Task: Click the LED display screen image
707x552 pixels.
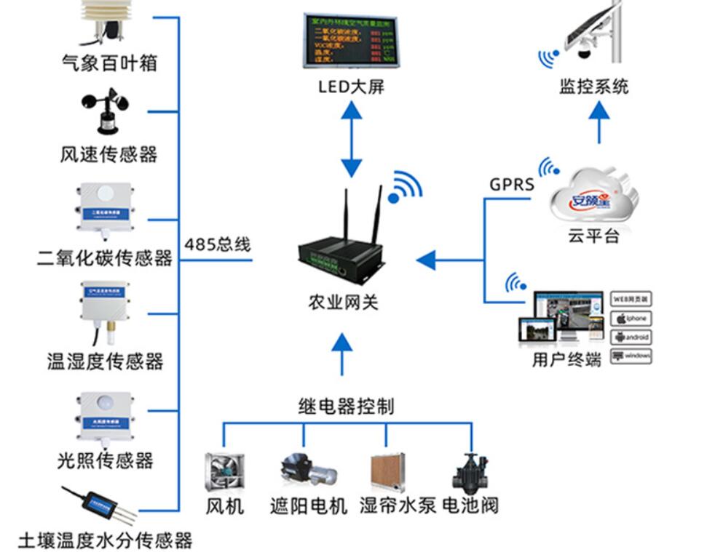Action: click(x=352, y=41)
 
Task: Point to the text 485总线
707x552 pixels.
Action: click(x=217, y=244)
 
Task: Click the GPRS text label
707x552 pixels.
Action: click(x=511, y=185)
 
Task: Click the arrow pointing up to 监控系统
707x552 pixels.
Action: click(x=599, y=121)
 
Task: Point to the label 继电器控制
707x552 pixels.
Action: click(x=346, y=406)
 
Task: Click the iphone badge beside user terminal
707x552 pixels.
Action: click(x=630, y=319)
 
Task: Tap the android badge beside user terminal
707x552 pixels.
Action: click(x=630, y=337)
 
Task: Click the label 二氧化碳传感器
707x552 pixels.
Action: click(x=105, y=258)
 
